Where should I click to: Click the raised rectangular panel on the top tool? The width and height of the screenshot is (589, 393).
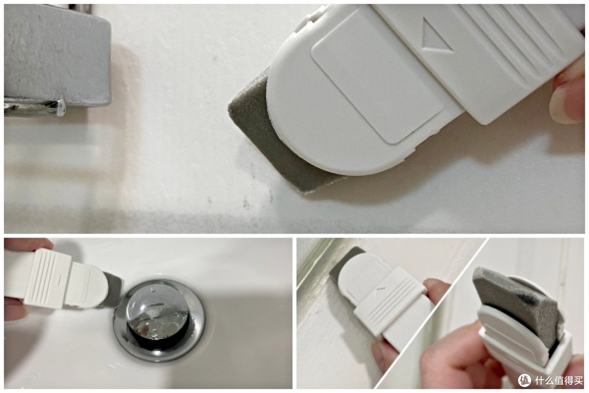pyautogui.click(x=377, y=76)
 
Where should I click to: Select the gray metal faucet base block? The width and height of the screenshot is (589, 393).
pyautogui.click(x=56, y=55)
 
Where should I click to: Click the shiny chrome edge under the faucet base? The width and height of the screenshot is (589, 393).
pyautogui.click(x=34, y=107)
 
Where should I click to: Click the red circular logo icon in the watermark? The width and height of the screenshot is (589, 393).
pyautogui.click(x=525, y=380)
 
